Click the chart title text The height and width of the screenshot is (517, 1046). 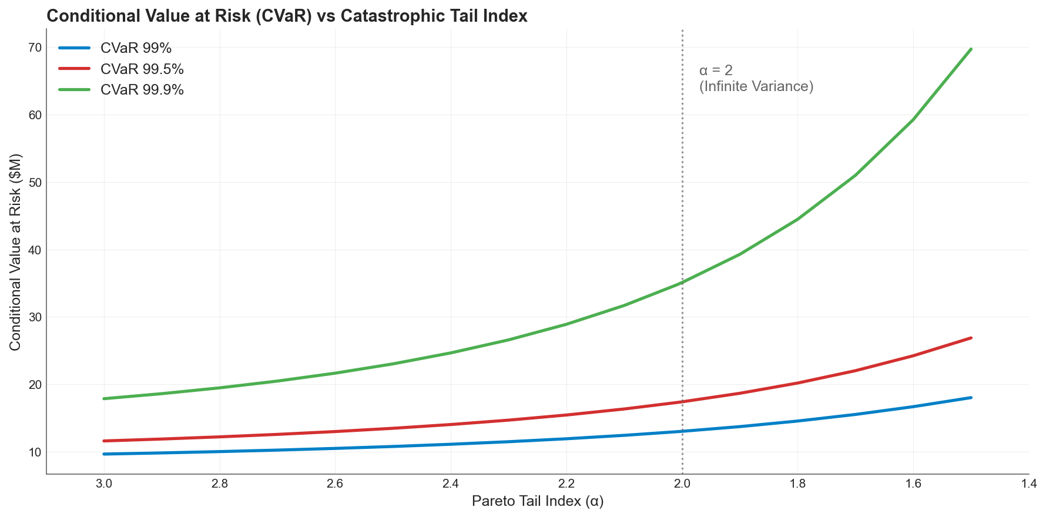point(287,16)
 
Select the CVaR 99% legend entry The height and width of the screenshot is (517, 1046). point(136,48)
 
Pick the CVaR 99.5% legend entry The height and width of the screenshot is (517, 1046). point(142,69)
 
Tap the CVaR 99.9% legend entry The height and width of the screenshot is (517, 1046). point(142,90)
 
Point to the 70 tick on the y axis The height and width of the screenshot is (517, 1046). point(35,48)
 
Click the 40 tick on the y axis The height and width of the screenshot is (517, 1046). point(35,250)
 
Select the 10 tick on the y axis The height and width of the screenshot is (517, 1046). point(35,452)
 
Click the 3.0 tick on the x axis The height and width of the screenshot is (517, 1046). point(104,484)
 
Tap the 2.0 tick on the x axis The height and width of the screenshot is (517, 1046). point(682,484)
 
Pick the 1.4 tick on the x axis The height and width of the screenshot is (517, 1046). point(1029,484)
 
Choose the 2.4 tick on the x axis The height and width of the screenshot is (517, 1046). point(451,484)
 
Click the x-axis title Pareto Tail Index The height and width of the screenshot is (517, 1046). point(537,501)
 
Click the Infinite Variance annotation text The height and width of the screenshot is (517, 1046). point(756,86)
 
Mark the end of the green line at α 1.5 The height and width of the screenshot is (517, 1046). point(971,49)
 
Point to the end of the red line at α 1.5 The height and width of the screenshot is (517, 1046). point(971,338)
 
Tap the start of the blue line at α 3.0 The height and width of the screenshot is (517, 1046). point(105,454)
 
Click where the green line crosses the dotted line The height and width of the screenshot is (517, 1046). point(682,283)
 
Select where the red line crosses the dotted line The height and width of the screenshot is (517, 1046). point(682,402)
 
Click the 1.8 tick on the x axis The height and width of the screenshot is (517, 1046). point(797,484)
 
